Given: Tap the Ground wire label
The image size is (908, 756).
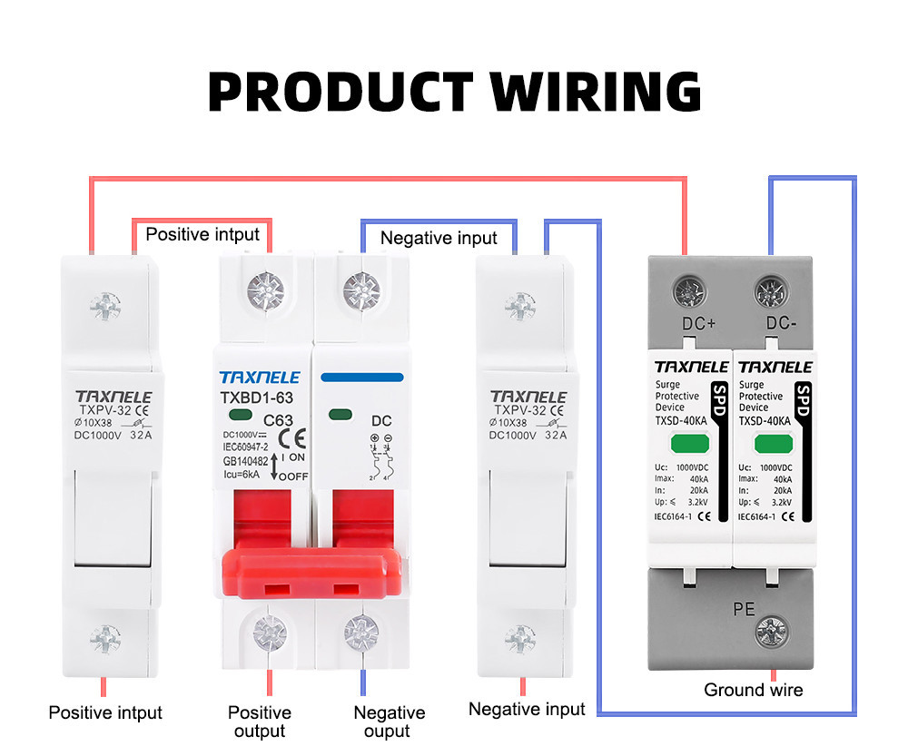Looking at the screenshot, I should (x=753, y=690).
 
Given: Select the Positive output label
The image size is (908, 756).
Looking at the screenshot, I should (x=260, y=722).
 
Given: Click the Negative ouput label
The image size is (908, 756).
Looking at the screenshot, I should (x=389, y=722).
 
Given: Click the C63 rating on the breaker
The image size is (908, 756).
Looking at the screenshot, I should (x=276, y=421).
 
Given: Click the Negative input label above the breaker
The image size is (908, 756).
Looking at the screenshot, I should (x=439, y=238).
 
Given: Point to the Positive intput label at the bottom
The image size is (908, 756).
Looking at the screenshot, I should (x=105, y=712).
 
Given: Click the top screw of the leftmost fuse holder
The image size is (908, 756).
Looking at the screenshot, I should (x=107, y=307).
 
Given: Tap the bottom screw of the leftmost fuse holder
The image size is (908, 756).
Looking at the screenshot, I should (x=107, y=638).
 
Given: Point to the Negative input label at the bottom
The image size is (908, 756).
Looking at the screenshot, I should (x=527, y=709).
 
